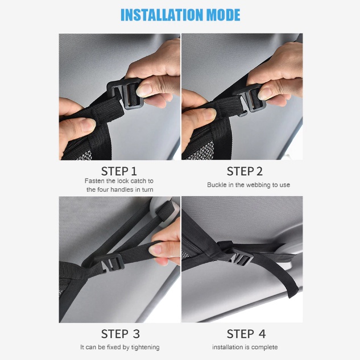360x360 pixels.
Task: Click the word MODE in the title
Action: pyautogui.click(x=224, y=15)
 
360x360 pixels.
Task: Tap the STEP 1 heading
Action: pyautogui.click(x=119, y=171)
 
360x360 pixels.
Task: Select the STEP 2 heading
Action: pyautogui.click(x=245, y=171)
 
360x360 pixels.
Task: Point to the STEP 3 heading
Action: pyautogui.click(x=121, y=334)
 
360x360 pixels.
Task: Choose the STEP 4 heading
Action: pyautogui.click(x=246, y=334)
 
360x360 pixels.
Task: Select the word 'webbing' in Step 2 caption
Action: pyautogui.click(x=256, y=185)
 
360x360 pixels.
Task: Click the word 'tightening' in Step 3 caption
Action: pyautogui.click(x=146, y=347)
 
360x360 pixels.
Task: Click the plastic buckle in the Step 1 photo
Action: pyautogui.click(x=125, y=93)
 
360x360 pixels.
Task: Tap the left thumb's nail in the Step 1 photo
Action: pyautogui.click(x=88, y=125)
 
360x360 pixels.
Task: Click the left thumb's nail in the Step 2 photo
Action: pyautogui.click(x=209, y=114)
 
